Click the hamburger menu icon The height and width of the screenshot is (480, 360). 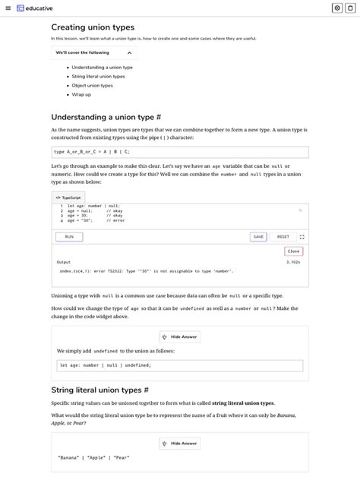7,8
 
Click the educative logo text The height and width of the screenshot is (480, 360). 38,8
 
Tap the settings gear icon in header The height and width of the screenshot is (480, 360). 337,8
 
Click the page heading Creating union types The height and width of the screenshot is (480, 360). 93,27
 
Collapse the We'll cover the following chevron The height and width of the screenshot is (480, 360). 129,52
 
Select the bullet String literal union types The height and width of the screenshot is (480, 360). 98,77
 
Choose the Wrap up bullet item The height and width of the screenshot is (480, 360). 81,95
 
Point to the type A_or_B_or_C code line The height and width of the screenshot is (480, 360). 86,151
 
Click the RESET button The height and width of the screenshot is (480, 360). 283,237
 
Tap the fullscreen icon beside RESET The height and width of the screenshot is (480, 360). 302,237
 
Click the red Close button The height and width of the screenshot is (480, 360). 293,251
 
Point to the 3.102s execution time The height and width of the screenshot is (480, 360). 293,262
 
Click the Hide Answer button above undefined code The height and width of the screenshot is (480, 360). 180,336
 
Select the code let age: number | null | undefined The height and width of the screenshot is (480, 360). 106,365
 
